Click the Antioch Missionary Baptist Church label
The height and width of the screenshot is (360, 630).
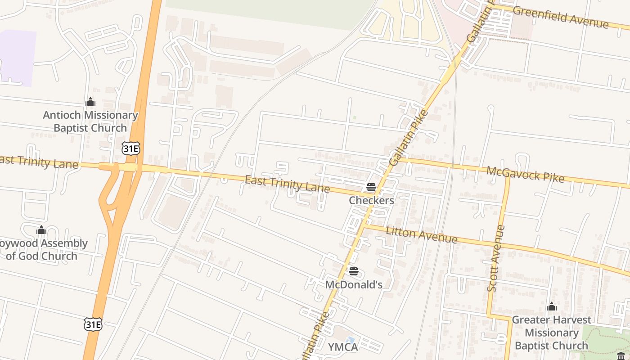click(90, 121)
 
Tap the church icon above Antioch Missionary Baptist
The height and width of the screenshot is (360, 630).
click(90, 102)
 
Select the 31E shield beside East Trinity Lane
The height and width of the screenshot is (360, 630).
click(130, 148)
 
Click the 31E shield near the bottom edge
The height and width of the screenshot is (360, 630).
click(93, 324)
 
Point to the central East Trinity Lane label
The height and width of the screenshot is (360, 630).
click(287, 184)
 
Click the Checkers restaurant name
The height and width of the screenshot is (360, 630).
click(371, 200)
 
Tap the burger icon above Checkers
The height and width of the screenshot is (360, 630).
click(371, 187)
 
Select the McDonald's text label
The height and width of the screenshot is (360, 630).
click(354, 284)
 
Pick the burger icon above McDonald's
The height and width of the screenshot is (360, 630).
click(354, 271)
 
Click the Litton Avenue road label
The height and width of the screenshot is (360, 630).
click(422, 234)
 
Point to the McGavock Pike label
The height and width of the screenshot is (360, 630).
click(525, 174)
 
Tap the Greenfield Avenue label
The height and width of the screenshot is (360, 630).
click(560, 17)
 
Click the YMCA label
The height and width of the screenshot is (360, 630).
click(343, 347)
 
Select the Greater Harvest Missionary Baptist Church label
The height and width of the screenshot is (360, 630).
click(551, 333)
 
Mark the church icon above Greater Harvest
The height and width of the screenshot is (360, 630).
click(552, 307)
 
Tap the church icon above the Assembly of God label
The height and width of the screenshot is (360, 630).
click(41, 231)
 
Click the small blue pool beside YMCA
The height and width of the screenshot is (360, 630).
click(351, 340)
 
